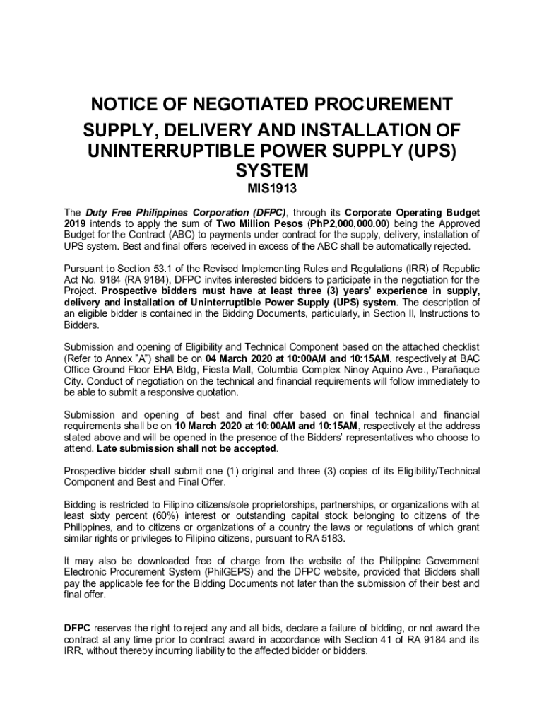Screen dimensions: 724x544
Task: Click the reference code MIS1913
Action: coord(272,189)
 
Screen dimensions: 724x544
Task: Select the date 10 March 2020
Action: coord(214,426)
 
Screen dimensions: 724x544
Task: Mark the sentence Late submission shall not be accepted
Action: coord(187,449)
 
